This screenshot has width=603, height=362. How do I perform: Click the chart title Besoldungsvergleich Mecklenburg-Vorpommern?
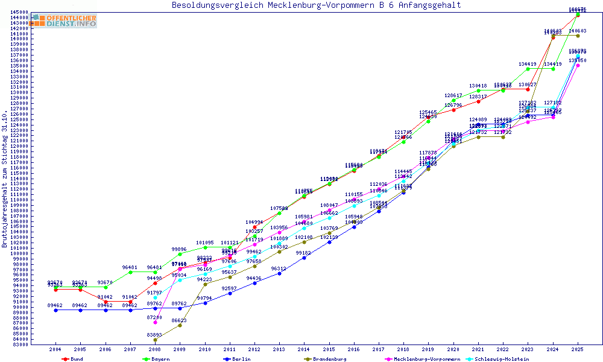pos(316,5)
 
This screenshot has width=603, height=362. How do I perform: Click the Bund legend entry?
pos(76,359)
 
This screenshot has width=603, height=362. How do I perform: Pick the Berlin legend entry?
pos(241,359)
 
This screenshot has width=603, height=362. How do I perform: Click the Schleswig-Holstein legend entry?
pos(503,359)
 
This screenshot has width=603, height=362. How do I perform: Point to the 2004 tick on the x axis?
pos(55,349)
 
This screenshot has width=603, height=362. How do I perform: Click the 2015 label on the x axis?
pos(329,349)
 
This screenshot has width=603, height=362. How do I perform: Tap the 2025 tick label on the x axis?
pos(578,349)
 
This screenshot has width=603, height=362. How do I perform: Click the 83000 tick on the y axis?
pos(21,345)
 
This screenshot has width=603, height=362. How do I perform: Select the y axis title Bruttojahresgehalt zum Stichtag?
pos(5,179)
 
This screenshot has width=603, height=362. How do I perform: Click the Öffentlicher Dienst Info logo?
pos(65,21)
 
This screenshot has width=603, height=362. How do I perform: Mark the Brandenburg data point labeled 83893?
pos(155,340)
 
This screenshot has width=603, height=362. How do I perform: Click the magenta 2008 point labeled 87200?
pos(155,322)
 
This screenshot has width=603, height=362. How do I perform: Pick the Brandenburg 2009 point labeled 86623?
pos(180,325)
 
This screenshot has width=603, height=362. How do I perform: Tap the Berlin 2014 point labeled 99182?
pos(304,258)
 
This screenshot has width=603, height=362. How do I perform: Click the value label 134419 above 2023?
pos(528,64)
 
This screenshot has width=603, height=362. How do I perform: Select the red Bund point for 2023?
pos(528,89)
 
